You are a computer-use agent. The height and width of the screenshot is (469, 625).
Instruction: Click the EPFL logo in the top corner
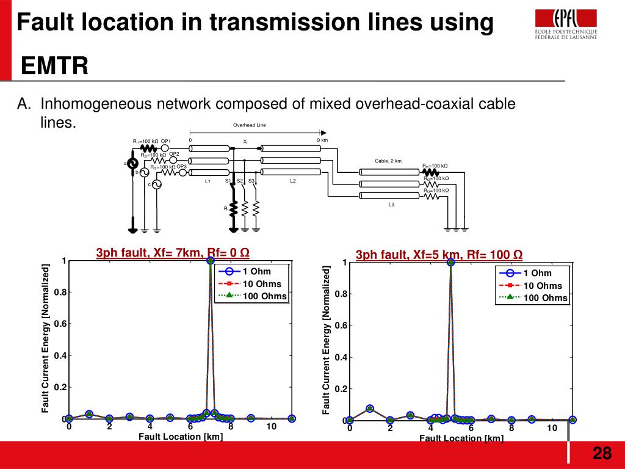566,24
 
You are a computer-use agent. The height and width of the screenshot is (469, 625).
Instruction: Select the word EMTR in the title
55,65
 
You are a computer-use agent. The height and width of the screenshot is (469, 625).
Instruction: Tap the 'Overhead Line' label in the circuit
250,125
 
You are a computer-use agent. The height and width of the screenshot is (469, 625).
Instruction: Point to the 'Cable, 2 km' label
388,161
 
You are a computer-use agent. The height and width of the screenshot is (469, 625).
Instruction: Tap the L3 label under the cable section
391,204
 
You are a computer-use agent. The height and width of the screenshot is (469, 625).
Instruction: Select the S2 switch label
240,181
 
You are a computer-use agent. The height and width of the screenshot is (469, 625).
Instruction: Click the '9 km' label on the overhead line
322,140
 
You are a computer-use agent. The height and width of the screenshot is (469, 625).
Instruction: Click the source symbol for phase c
156,184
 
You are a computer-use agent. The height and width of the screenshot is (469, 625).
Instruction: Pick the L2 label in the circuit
292,181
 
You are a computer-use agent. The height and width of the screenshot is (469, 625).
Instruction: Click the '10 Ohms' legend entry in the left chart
262,284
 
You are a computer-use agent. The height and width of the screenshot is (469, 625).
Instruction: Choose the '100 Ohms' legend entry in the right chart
545,298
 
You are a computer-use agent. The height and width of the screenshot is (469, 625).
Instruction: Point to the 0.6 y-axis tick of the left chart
60,324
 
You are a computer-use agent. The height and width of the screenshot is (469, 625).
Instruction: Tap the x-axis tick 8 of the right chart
511,428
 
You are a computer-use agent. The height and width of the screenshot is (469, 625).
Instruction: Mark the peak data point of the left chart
211,261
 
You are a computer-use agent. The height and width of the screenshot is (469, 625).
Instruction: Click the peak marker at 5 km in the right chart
450,263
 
